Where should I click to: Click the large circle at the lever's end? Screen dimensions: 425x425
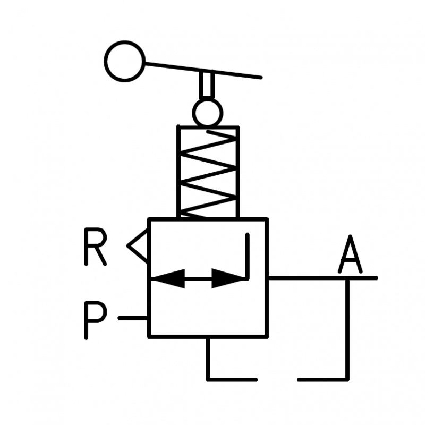[125, 61]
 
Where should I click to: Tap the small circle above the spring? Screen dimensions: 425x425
[207, 112]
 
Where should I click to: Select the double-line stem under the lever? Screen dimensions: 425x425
[207, 85]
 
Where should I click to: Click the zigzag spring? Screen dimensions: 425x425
[208, 172]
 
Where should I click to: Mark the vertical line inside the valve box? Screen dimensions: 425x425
[248, 255]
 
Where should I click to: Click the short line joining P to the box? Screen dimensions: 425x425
[133, 318]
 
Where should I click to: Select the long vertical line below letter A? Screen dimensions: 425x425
[348, 329]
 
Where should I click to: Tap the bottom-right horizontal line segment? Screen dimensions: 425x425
[322, 379]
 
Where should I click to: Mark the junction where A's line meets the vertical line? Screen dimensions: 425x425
[348, 278]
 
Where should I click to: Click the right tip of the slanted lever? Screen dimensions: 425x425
[260, 78]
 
